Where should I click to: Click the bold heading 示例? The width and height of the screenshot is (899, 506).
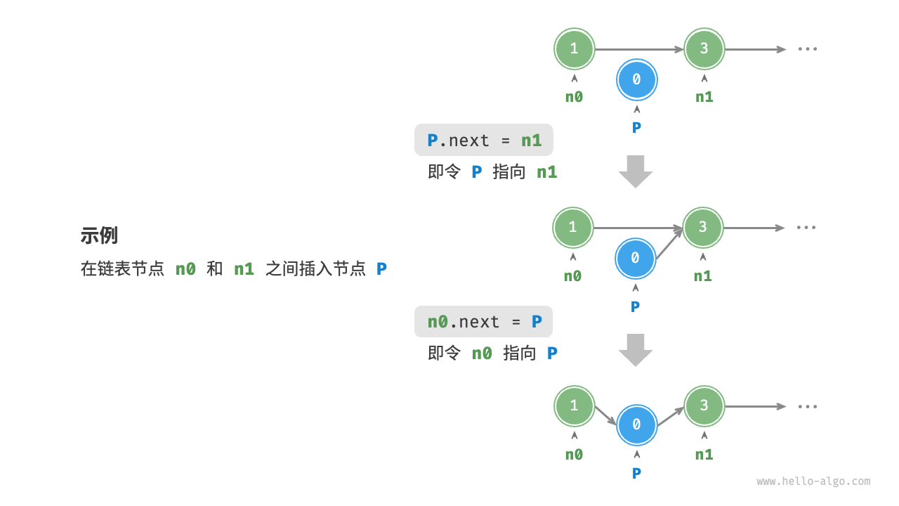[99, 235]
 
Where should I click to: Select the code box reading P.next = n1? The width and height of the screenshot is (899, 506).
[484, 141]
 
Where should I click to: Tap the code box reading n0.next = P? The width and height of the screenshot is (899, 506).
[484, 322]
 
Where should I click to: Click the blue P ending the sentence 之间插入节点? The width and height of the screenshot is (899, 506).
[381, 268]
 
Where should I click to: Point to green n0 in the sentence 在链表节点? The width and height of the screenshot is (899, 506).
[185, 268]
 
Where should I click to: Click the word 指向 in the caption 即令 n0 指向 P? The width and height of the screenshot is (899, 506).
[520, 353]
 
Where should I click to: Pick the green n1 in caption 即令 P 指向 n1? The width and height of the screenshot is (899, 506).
[546, 172]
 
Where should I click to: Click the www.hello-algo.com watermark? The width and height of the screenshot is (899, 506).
[813, 481]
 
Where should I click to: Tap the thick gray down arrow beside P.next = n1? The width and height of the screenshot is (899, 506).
[636, 171]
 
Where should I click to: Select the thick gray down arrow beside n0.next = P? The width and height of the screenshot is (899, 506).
[636, 350]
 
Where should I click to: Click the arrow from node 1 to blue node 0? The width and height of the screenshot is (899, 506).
[605, 416]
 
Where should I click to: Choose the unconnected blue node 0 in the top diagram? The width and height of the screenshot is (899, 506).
[636, 80]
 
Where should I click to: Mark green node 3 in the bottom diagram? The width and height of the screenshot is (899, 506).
[704, 406]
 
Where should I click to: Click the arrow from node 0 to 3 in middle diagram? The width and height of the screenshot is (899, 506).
[669, 243]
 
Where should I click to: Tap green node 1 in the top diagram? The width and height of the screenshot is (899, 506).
[575, 48]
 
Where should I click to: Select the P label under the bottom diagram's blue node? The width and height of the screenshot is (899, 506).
[636, 473]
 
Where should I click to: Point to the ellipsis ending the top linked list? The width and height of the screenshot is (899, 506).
[807, 49]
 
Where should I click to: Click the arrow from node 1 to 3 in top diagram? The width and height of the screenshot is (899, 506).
[639, 49]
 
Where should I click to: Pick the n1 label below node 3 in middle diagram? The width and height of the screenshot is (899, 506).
[703, 276]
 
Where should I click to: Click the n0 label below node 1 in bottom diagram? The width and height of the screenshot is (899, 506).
[574, 455]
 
